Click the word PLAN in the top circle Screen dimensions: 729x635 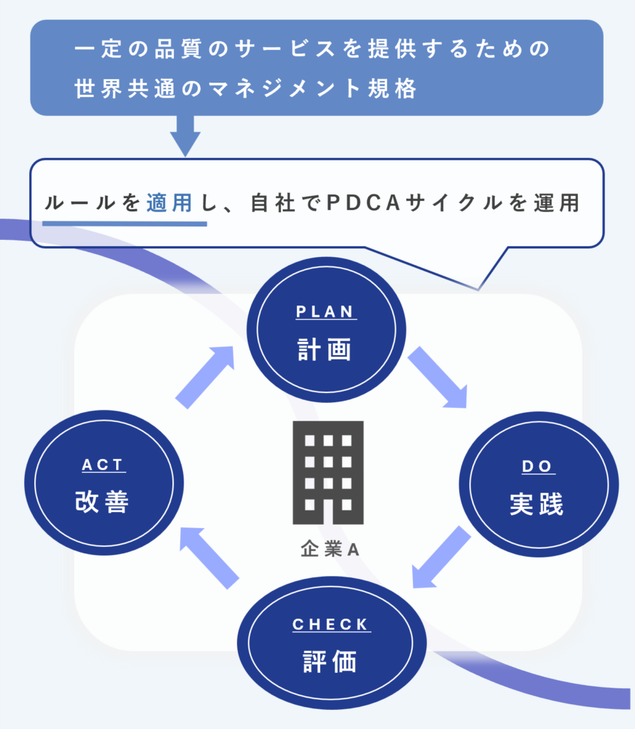pyautogui.click(x=326, y=312)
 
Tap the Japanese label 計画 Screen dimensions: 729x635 pyautogui.click(x=325, y=350)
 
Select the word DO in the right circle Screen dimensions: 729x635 pyautogui.click(x=537, y=466)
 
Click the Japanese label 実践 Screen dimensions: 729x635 pyautogui.click(x=537, y=504)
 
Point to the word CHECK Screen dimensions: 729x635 pyautogui.click(x=331, y=624)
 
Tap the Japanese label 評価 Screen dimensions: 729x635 pyautogui.click(x=330, y=661)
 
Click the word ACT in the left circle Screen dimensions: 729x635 pyautogui.click(x=103, y=465)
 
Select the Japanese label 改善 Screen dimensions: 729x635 pyautogui.click(x=103, y=503)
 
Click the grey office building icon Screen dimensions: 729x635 pyautogui.click(x=328, y=472)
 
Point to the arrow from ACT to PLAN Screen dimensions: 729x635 pyautogui.click(x=206, y=377)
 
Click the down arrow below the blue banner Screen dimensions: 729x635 pyautogui.click(x=185, y=135)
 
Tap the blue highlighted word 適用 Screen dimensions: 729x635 pyautogui.click(x=169, y=203)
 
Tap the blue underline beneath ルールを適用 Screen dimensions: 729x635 pyautogui.click(x=125, y=223)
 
